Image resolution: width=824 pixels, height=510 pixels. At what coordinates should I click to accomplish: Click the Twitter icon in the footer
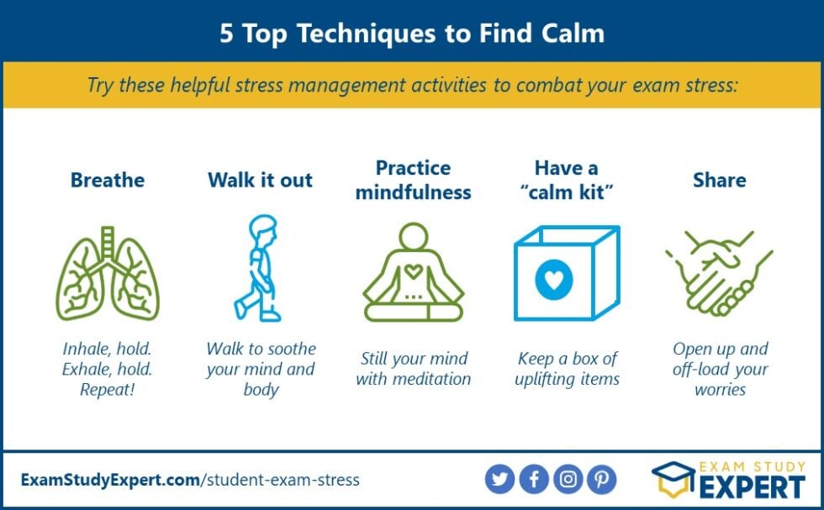coord(499,480)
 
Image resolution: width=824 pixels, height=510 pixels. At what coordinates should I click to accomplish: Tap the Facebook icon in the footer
coord(534,480)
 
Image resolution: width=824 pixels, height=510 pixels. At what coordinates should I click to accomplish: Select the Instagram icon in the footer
coord(568,480)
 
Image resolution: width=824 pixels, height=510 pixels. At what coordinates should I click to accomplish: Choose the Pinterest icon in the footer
coord(602,480)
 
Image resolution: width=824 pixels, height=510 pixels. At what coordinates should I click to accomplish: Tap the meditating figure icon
coord(413,273)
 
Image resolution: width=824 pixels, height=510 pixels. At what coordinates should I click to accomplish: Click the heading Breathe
coord(107,180)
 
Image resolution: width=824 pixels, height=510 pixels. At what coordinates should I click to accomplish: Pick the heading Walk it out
coord(260,180)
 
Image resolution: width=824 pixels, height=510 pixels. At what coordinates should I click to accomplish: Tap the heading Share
coord(719,180)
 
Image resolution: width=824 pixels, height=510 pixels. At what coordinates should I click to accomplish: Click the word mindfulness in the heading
coord(413,192)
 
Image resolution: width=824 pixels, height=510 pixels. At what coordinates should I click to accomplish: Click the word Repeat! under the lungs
coord(107,389)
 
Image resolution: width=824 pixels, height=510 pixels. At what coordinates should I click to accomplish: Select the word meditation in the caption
coord(429,379)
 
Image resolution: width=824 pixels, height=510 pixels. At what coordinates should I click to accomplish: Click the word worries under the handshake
coord(720,389)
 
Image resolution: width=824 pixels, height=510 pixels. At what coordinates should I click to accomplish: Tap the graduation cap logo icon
coord(673,481)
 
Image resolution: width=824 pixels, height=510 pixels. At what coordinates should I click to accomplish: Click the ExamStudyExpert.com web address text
coord(110,481)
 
